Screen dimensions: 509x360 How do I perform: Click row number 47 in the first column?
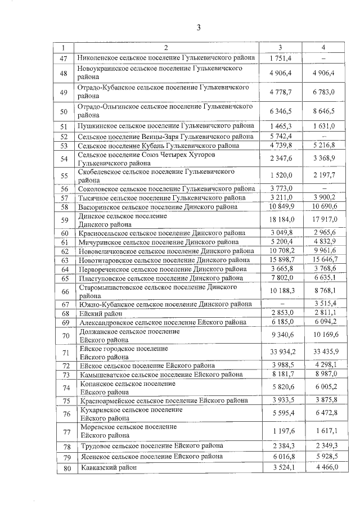pos(64,58)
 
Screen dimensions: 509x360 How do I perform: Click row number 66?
pos(64,291)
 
